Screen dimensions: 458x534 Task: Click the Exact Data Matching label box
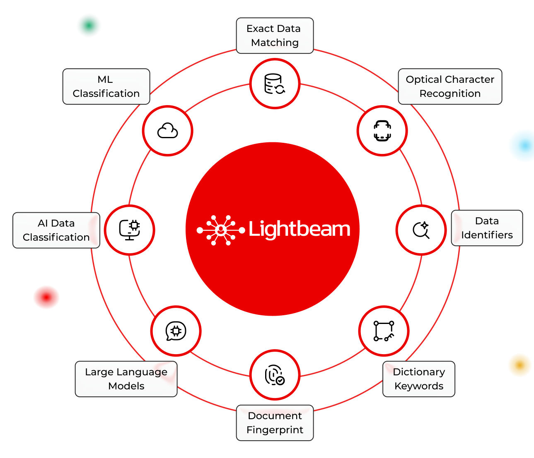tap(275, 36)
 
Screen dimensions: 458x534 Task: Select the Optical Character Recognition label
tap(450, 86)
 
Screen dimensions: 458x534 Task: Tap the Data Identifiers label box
tap(487, 228)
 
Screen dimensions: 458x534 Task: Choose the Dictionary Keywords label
tap(419, 379)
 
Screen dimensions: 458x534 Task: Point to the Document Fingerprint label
tap(275, 423)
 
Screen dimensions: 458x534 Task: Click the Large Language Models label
tap(126, 379)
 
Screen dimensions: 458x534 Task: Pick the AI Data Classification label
tap(56, 230)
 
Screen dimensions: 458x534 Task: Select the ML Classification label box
tap(106, 86)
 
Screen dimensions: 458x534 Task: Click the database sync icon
tap(275, 84)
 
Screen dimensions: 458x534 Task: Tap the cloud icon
tap(167, 131)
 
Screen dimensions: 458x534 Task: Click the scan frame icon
tap(382, 131)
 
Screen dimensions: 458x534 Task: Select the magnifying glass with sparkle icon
tap(421, 230)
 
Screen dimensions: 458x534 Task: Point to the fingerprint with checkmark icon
tap(275, 375)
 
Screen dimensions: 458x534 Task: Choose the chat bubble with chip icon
tap(176, 331)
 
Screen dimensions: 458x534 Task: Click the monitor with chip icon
tap(130, 230)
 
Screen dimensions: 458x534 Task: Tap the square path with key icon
tap(384, 331)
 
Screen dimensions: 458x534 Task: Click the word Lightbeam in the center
tap(299, 229)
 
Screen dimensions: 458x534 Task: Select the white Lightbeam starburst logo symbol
tap(220, 230)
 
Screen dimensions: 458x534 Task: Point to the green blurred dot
tap(89, 26)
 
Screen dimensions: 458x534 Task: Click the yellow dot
tap(520, 365)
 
